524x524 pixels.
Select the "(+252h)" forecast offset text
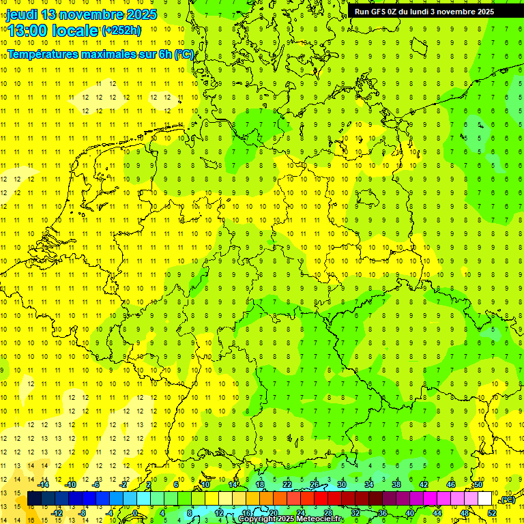coord(121,31)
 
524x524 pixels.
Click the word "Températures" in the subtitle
coord(42,53)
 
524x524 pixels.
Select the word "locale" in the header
coord(76,31)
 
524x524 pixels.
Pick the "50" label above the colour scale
coord(478,484)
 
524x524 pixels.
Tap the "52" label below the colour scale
coord(492,513)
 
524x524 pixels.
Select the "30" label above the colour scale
coord(342,484)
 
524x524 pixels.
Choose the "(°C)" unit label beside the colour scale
coord(507,499)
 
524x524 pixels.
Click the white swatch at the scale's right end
coord(485,499)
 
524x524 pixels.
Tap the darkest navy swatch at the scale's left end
coord(34,499)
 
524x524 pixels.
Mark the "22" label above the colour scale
coord(287,484)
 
